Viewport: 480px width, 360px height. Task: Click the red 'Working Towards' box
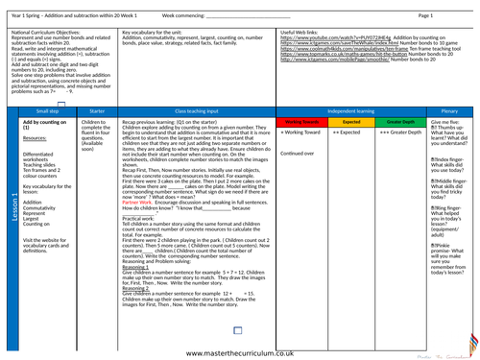point(297,123)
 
